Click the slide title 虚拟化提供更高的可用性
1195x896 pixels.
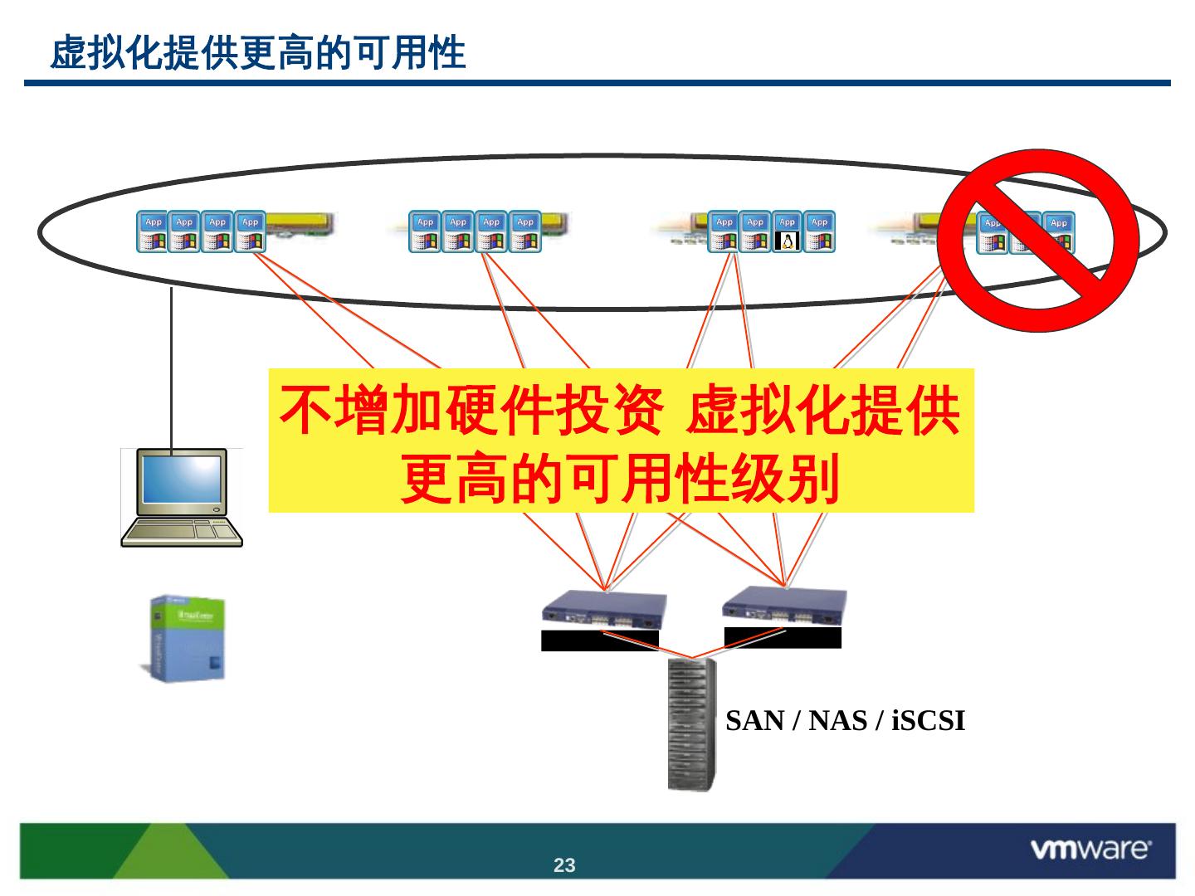(258, 53)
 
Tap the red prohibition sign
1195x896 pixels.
(1038, 240)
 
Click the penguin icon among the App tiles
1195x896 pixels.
(787, 231)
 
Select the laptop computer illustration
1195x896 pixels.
(182, 498)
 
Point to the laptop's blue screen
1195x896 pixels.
(182, 480)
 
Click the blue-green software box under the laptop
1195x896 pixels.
(188, 637)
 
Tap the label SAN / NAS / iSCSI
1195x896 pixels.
(845, 721)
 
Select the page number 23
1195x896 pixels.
(564, 865)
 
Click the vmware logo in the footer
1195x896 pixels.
(1090, 849)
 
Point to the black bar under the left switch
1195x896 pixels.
(599, 640)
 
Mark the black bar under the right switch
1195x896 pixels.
(783, 637)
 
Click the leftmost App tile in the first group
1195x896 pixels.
(153, 231)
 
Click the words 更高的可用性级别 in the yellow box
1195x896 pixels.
(620, 478)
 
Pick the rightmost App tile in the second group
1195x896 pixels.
(524, 231)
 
